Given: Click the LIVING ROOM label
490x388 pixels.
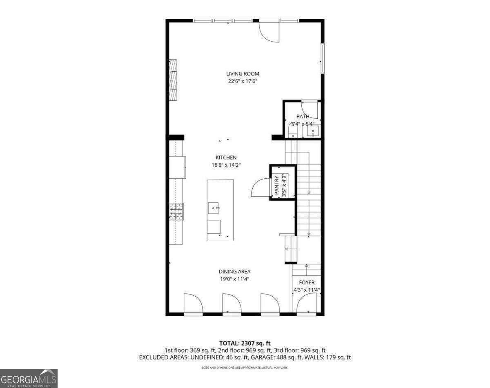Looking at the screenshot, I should (x=243, y=74).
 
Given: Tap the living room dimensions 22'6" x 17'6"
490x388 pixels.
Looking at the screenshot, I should (x=243, y=81).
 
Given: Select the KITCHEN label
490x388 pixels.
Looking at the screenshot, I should (x=226, y=157).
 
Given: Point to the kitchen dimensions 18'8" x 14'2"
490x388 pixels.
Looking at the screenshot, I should (x=226, y=165).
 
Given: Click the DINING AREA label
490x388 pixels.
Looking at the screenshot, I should (x=234, y=272).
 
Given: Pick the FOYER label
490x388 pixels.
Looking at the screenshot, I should (x=307, y=282).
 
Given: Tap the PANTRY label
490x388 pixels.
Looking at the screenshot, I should (x=277, y=185).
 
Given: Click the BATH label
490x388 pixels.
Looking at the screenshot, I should (x=303, y=117).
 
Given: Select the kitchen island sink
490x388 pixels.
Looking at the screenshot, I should (x=214, y=208).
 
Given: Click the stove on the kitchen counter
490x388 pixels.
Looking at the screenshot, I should (x=176, y=212).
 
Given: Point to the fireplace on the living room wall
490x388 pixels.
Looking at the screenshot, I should (x=174, y=80).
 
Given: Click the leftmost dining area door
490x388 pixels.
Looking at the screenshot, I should (x=193, y=304).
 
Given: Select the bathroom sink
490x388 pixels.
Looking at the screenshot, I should (x=314, y=131).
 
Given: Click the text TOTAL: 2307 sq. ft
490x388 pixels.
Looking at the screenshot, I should (x=245, y=343).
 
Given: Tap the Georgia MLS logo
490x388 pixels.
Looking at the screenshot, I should (x=29, y=378).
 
